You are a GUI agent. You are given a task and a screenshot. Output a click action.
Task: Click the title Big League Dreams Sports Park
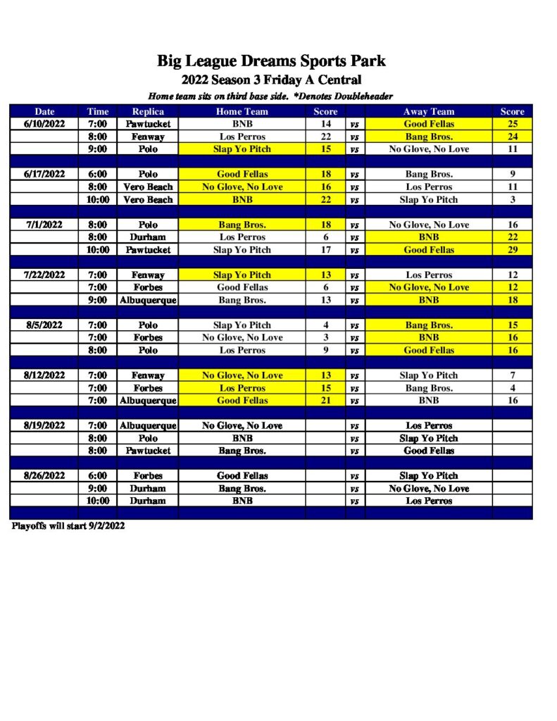coord(271,61)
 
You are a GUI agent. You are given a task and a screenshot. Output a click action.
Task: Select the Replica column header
coord(148,111)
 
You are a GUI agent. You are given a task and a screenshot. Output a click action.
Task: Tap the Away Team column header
coord(428,111)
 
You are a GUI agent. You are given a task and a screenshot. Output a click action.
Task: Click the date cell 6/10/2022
coord(44,124)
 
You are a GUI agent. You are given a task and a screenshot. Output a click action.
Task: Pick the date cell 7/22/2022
coord(44,275)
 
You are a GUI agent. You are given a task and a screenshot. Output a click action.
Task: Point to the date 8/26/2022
coord(44,475)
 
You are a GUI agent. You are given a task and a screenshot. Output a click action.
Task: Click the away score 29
coord(512,250)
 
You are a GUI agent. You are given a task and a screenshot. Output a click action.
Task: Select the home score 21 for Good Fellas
coord(325,401)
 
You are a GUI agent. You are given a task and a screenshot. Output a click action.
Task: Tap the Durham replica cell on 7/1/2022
coord(148,237)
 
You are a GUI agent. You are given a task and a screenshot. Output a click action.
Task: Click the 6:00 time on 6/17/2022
coord(97,174)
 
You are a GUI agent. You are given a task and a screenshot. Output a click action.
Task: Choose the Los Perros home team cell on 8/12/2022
coord(242,388)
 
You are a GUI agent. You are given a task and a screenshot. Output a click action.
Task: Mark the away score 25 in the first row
coord(512,124)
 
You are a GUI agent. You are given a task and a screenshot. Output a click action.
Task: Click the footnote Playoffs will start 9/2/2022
coord(68,526)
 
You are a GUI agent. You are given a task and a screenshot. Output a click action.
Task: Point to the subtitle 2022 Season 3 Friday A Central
coord(271,80)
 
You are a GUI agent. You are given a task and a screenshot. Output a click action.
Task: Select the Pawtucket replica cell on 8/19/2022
coord(148,451)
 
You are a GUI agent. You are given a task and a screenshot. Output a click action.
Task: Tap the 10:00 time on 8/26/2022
coord(97,501)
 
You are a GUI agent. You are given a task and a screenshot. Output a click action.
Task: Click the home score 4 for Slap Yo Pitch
coord(325,325)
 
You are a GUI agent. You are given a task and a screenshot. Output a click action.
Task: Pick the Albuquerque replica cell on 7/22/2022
coord(148,300)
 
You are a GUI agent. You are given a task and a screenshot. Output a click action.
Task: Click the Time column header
coord(97,111)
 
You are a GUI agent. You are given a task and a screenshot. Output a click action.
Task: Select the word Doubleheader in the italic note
coord(362,96)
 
